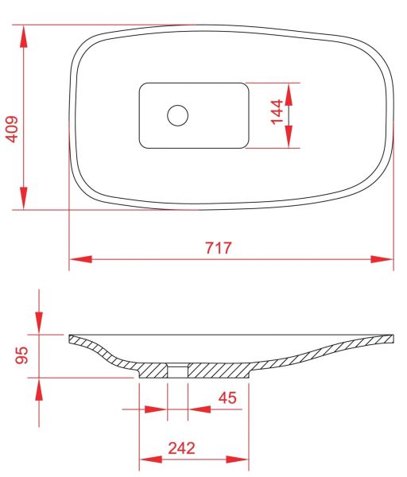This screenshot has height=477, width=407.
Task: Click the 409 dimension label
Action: [x=13, y=129]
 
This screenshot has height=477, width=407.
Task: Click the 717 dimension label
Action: [x=219, y=247]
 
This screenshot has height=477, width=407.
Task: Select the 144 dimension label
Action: [x=277, y=112]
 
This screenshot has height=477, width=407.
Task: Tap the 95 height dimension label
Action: [x=21, y=355]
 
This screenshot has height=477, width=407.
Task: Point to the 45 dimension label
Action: [x=227, y=398]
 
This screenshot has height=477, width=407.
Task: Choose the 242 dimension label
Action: [x=181, y=448]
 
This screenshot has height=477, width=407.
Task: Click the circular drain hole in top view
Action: [x=177, y=115]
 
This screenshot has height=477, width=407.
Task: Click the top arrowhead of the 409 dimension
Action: [x=24, y=37]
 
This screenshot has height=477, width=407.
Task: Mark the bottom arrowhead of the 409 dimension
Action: [x=24, y=198]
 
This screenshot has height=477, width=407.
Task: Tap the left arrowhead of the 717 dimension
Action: [x=80, y=259]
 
